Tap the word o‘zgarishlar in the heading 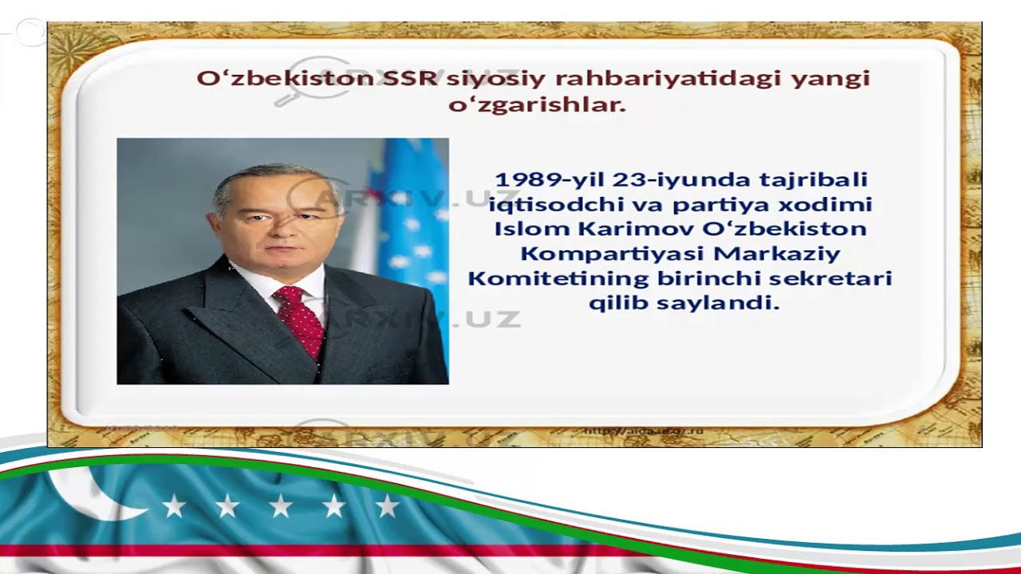coord(536,104)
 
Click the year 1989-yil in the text coord(548,179)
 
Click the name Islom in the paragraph coord(532,229)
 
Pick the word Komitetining coord(558,278)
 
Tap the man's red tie coord(299,319)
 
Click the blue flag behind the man coord(415,223)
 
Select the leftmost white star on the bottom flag coord(174,505)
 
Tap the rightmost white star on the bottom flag coord(387,505)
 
